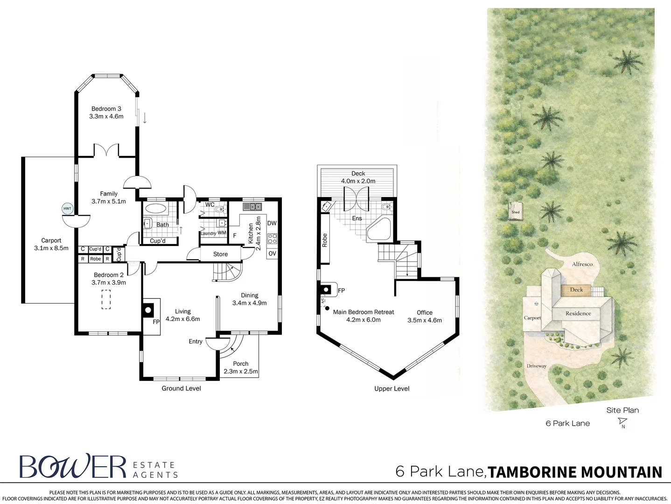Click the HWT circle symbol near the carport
coord(68,209)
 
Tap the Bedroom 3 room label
coord(106,112)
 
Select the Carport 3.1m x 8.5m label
coord(51,244)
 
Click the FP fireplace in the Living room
coord(148,309)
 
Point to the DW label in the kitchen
coord(272,223)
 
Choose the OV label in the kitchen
coord(272,253)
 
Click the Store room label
coord(220,254)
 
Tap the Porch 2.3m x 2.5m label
coord(240,367)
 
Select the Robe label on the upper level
coord(325,240)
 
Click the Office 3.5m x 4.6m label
coord(425,316)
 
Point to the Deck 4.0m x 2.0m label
coord(358,177)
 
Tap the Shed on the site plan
coord(515,211)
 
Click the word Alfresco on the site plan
coord(582,264)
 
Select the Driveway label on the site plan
coord(537,366)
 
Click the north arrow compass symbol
coord(622,422)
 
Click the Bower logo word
coord(73,466)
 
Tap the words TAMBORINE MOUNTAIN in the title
coord(575,472)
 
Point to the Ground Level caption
coord(181,388)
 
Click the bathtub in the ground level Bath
coord(155,208)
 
